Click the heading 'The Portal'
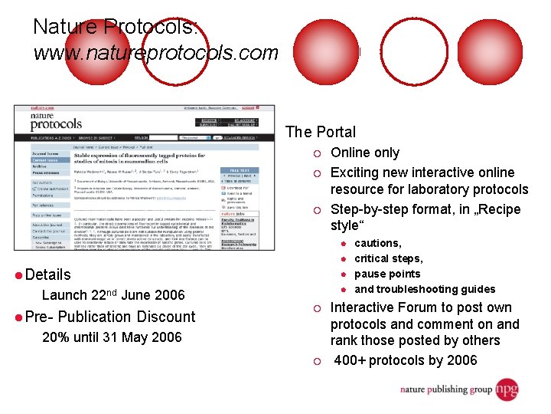320,132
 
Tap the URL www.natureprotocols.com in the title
156,52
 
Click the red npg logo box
507,389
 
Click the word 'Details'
47,274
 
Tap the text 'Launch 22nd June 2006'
113,295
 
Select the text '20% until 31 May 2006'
112,337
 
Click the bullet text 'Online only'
365,153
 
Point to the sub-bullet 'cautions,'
378,243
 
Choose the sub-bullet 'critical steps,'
389,258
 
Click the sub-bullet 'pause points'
387,274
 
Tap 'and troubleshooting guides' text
425,289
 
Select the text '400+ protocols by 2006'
406,360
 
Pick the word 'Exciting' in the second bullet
357,172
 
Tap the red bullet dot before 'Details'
18,274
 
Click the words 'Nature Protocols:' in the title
116,28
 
